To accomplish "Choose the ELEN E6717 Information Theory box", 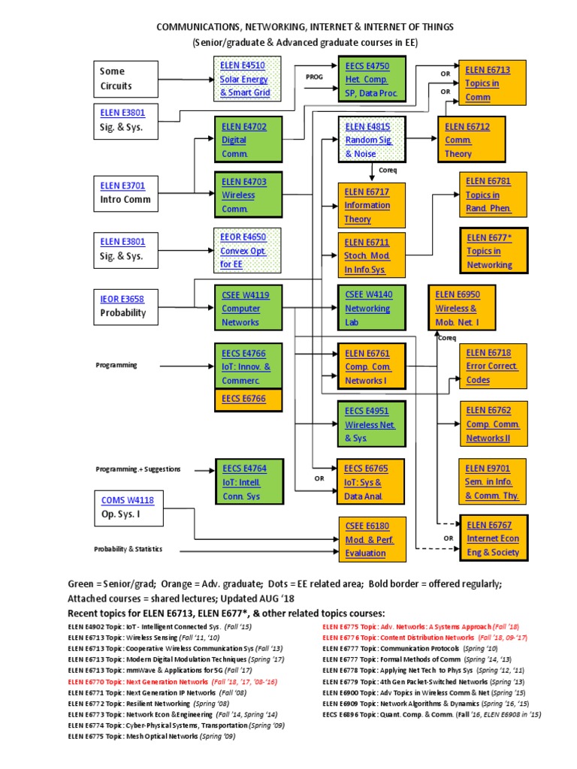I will pyautogui.click(x=373, y=205).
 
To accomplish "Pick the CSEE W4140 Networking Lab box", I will pyautogui.click(x=373, y=309).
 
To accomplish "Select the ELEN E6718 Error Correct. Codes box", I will pyautogui.click(x=493, y=366).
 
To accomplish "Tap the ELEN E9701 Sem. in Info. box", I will pyautogui.click(x=493, y=482).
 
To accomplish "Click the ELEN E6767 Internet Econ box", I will pyautogui.click(x=493, y=538).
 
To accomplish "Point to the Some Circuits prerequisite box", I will pyautogui.click(x=128, y=79).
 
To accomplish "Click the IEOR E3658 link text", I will pyautogui.click(x=122, y=299).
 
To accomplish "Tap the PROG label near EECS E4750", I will pyautogui.click(x=313, y=77).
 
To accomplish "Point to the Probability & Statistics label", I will pyautogui.click(x=128, y=549).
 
